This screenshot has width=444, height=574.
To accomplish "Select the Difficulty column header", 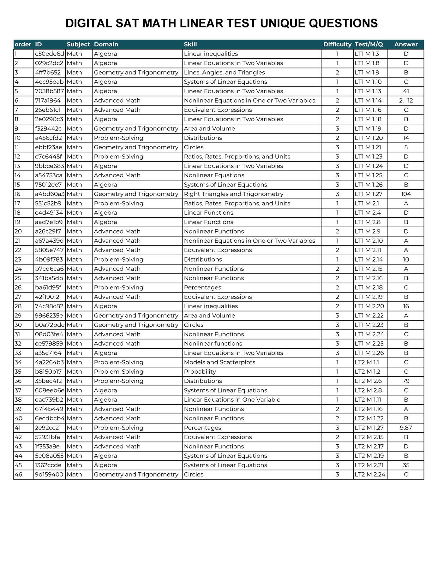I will tap(337, 44).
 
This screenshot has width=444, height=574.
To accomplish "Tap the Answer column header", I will tap(406, 44).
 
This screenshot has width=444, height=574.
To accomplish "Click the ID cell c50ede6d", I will tap(49, 54).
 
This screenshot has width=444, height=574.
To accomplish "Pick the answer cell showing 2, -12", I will tap(406, 101).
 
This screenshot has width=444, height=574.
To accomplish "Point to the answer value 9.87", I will tap(406, 428).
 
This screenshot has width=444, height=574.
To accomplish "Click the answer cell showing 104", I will tap(406, 194).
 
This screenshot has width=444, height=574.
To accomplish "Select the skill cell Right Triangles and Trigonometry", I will tap(234, 194).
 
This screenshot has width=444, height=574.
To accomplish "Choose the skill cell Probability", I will tap(200, 372).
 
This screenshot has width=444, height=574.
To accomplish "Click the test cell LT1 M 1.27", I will tap(368, 194).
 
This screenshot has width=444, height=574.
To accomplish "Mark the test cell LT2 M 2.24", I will tap(370, 475).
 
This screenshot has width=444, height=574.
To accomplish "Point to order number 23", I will tap(18, 260).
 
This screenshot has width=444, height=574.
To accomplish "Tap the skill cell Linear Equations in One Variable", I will tap(232, 400).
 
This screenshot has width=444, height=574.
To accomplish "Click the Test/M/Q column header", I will tap(369, 44).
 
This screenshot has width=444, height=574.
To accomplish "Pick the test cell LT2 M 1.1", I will tap(367, 362).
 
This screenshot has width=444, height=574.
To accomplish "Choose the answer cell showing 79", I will tap(406, 381).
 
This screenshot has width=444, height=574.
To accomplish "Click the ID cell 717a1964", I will tap(48, 101).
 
